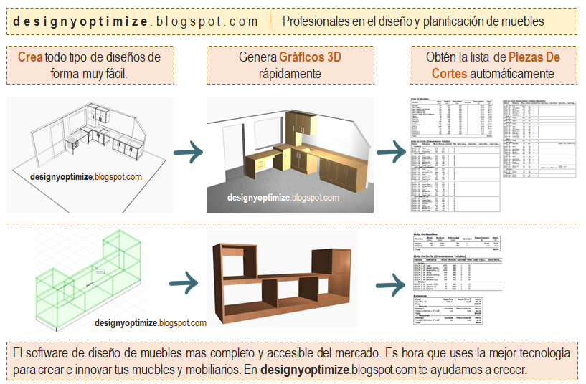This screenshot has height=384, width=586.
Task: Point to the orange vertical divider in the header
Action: (270, 21)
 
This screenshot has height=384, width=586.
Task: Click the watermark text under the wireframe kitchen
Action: (86, 176)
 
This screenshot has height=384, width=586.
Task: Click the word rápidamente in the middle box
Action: (290, 74)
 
